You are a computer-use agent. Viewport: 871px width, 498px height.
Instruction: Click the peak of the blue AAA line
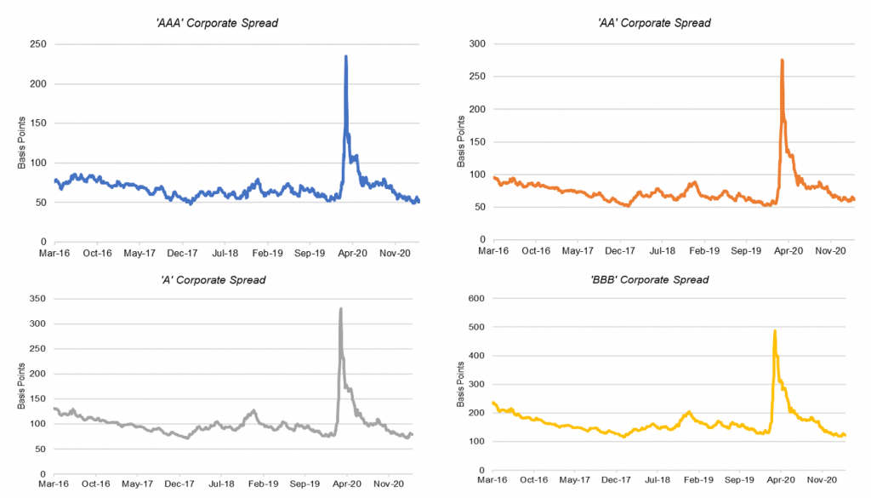(x=345, y=57)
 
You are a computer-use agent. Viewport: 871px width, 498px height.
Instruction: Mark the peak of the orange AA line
(x=782, y=60)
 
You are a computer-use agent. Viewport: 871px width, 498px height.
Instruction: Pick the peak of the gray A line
(x=341, y=309)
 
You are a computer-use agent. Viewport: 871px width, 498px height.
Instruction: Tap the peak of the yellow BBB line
(x=775, y=331)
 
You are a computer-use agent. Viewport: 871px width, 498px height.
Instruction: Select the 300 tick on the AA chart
(x=478, y=44)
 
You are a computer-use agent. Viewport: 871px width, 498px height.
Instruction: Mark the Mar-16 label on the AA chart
(x=493, y=253)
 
